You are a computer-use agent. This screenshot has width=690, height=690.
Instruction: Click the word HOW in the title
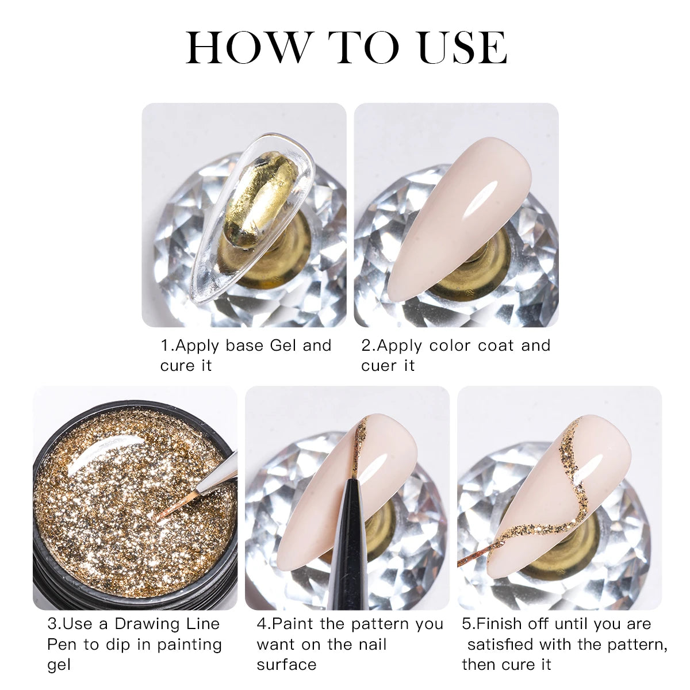click(247, 47)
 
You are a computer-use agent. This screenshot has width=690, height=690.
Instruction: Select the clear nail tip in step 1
click(252, 218)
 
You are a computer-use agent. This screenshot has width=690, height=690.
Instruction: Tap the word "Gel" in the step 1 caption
click(283, 346)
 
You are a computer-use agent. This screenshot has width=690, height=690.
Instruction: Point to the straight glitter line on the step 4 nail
click(360, 444)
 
